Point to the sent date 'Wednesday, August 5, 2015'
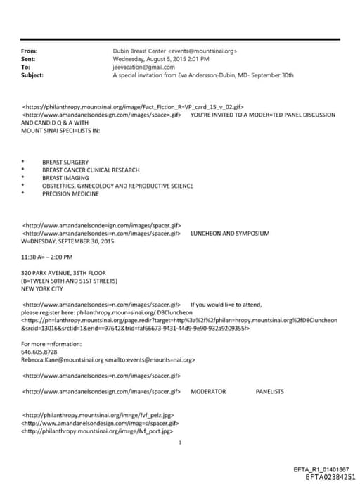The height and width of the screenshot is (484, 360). pyautogui.click(x=153, y=59)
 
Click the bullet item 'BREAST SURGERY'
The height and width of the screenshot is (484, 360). pyautogui.click(x=65, y=162)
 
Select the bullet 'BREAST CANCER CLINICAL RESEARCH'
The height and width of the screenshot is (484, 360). pyautogui.click(x=91, y=170)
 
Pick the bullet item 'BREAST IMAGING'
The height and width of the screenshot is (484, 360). pyautogui.click(x=64, y=177)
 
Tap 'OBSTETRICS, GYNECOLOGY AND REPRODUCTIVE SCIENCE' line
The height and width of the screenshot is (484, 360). pyautogui.click(x=117, y=186)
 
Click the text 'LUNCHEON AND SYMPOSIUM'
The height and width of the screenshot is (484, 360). pyautogui.click(x=230, y=233)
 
